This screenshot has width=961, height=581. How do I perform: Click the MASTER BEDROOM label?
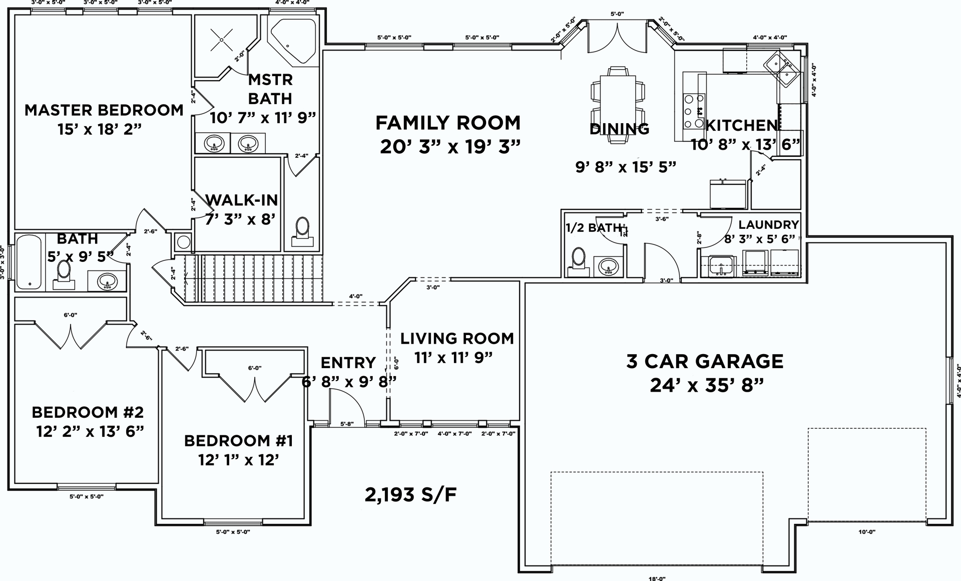coord(104,110)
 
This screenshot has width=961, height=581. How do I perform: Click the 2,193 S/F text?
coord(410,495)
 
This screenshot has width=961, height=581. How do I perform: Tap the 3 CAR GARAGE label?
coord(705,361)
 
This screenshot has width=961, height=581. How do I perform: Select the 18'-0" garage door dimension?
coord(657,578)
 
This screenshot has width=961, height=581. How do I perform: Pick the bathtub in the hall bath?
coord(30,262)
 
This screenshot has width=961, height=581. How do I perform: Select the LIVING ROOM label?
coord(457,339)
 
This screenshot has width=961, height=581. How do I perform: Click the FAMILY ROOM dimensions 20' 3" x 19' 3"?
coord(450,147)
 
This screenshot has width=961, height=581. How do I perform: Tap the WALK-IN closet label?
coord(242,200)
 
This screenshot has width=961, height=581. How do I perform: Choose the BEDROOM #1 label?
coord(238,441)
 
